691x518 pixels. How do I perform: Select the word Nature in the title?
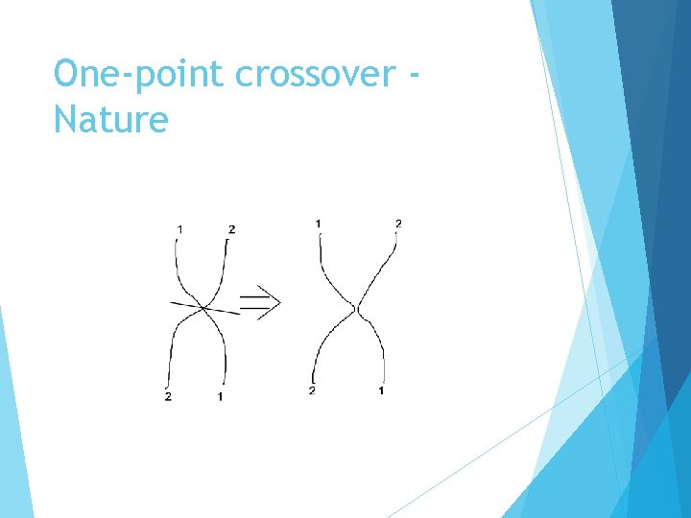click(x=110, y=121)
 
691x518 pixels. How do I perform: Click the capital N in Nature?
click(x=64, y=121)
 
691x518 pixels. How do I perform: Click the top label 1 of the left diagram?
click(x=180, y=228)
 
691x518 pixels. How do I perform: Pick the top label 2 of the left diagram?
click(x=232, y=228)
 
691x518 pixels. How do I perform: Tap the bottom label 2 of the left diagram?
click(x=169, y=396)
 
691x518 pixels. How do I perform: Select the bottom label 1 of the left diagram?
click(x=221, y=396)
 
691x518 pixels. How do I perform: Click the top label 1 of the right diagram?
click(x=318, y=224)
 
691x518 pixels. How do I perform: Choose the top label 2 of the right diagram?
click(x=398, y=224)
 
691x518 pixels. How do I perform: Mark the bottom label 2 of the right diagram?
click(x=312, y=390)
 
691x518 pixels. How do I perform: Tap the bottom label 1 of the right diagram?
click(x=382, y=390)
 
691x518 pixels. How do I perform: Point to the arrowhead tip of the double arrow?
click(x=280, y=304)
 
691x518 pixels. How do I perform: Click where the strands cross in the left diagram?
click(x=203, y=307)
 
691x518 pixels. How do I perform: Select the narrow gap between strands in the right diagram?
click(x=356, y=308)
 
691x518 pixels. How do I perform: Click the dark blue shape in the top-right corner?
click(x=653, y=58)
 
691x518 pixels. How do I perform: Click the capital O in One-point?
click(x=65, y=74)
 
